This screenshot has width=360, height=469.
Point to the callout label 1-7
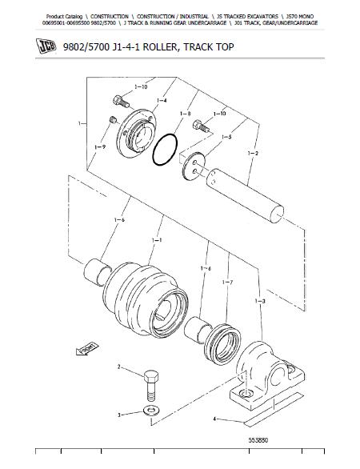pyautogui.click(x=227, y=283)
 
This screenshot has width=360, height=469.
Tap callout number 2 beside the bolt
pyautogui.click(x=119, y=367)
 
